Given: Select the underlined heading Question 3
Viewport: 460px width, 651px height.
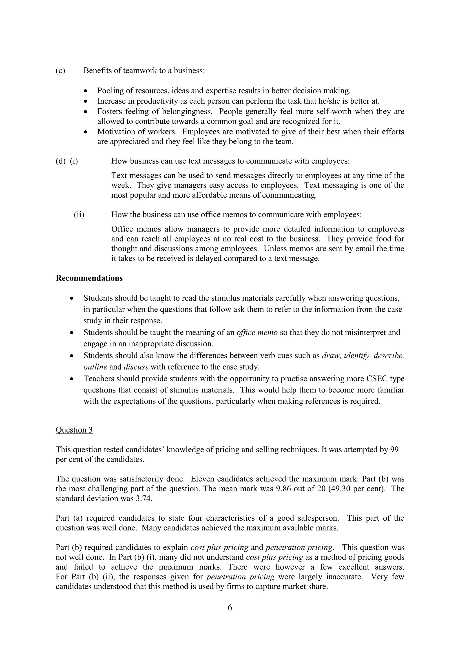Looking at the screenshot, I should click(x=74, y=430).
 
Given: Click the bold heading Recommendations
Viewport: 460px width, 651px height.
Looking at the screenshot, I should click(x=89, y=278).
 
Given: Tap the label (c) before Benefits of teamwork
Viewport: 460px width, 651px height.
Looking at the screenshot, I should click(x=60, y=71).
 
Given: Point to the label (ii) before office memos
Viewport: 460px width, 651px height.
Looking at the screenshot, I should click(x=79, y=214).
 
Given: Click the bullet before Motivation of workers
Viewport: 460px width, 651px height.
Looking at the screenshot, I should click(x=86, y=132).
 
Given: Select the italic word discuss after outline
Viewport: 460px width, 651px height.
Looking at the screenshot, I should click(x=136, y=367).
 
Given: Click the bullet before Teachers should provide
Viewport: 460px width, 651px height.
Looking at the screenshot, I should click(x=72, y=379).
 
